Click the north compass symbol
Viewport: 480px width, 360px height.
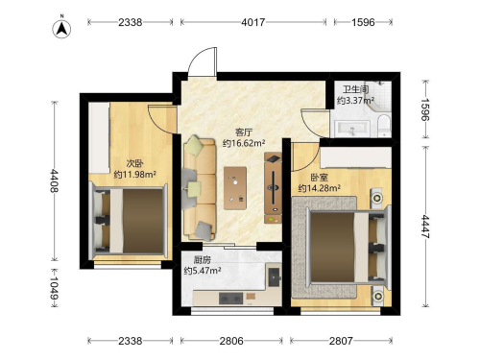point(61,29)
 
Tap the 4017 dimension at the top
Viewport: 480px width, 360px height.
point(253,22)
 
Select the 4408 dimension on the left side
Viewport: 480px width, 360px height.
point(54,180)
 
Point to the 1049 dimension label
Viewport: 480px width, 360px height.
point(54,288)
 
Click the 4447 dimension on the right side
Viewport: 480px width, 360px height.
point(425,227)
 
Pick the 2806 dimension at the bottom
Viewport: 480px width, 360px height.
point(231,341)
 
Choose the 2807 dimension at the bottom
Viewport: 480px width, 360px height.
point(341,341)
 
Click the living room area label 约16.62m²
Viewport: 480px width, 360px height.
point(244,143)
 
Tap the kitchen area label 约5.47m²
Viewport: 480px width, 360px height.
point(203,271)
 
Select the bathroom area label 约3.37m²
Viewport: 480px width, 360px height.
point(355,101)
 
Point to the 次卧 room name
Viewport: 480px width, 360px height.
point(134,163)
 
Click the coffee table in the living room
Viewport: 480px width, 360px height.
point(235,188)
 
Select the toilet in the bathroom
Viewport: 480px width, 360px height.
point(384,126)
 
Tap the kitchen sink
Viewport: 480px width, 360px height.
point(275,277)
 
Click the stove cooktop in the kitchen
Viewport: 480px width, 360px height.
point(230,299)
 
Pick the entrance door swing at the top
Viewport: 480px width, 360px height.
point(203,61)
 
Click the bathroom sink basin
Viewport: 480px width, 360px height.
point(352,129)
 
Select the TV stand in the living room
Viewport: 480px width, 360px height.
point(273,188)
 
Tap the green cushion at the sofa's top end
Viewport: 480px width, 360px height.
point(195,146)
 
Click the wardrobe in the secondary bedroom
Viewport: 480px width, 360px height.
point(99,138)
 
